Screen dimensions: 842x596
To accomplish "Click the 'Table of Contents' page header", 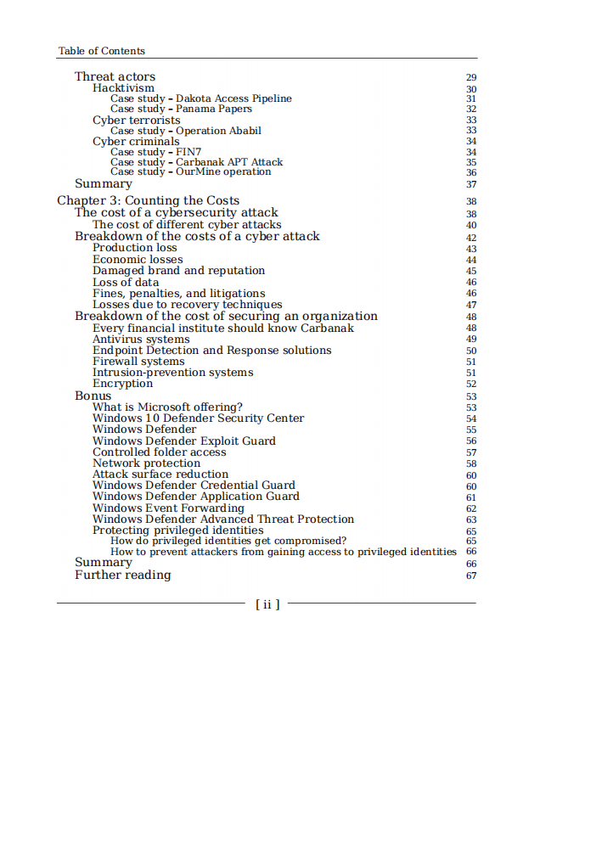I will (x=101, y=51).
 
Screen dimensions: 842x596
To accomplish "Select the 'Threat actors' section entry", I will (x=115, y=77).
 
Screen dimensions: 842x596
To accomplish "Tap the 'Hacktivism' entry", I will (x=123, y=88).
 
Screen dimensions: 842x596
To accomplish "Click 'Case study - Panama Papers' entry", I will (x=181, y=109).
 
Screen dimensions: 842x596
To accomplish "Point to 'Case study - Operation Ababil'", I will (x=185, y=131).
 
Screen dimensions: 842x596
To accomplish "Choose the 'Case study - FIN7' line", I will (x=155, y=152).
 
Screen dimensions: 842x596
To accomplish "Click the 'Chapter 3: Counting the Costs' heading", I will (x=148, y=201).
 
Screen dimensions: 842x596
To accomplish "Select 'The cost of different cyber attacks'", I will (x=187, y=225).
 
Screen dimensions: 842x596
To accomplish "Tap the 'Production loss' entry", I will (x=135, y=248).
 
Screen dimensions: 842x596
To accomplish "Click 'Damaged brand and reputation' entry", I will (x=178, y=271).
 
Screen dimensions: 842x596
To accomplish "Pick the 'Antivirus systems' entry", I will (x=141, y=340).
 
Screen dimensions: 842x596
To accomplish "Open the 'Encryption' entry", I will (x=122, y=384).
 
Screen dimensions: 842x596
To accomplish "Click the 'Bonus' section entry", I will (x=93, y=396).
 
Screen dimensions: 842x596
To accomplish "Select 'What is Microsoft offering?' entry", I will (x=167, y=407).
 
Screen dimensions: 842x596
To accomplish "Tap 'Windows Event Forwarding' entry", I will (x=168, y=508).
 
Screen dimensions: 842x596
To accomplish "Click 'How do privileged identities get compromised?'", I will (x=228, y=541).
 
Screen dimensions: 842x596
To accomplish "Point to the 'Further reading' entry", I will (x=122, y=575).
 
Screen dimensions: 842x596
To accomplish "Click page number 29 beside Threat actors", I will (x=471, y=78).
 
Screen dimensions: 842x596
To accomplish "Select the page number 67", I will (x=471, y=576).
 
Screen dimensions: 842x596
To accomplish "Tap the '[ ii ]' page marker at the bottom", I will (x=267, y=604).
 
